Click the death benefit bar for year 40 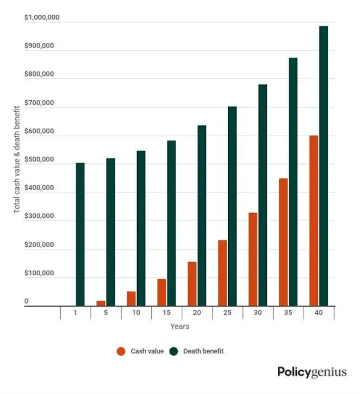(324, 166)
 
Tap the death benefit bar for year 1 (80, 234)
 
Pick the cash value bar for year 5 (101, 303)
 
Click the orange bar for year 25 (222, 273)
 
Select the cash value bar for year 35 (284, 242)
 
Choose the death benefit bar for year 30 (262, 195)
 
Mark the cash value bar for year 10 (131, 299)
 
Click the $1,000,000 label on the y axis (42, 18)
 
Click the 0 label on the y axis (26, 302)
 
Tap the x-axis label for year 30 (258, 313)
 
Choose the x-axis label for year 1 (75, 313)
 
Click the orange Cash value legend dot (121, 351)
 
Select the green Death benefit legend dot (174, 351)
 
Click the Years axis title (180, 326)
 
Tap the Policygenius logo (312, 372)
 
